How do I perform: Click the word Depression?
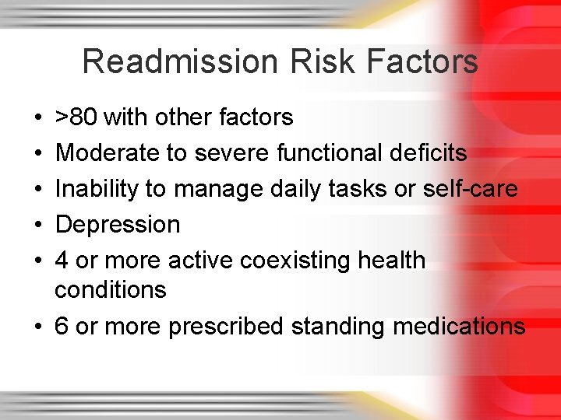pyautogui.click(x=118, y=225)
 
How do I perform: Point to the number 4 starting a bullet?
pyautogui.click(x=62, y=261)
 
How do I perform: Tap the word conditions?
pyautogui.click(x=111, y=290)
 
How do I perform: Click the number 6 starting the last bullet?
pyautogui.click(x=62, y=327)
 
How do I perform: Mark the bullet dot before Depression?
pyautogui.click(x=38, y=226)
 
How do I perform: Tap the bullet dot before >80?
pyautogui.click(x=38, y=118)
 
